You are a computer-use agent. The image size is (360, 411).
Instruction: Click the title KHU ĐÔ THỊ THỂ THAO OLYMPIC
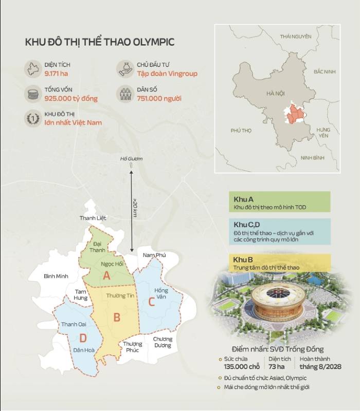click(x=99, y=42)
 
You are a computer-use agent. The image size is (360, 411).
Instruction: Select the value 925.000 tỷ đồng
click(x=70, y=98)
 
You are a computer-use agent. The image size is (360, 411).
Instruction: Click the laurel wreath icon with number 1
click(x=33, y=119)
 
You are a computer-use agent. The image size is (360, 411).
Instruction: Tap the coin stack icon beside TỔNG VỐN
click(x=33, y=94)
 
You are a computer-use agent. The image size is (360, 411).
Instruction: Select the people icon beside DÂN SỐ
click(x=125, y=94)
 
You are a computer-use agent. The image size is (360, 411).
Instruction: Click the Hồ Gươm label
click(x=131, y=159)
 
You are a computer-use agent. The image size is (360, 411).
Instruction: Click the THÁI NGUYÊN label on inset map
click(x=296, y=36)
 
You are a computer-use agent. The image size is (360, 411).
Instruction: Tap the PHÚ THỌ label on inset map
click(x=241, y=130)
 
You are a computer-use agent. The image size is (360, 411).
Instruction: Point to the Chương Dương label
click(x=163, y=342)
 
